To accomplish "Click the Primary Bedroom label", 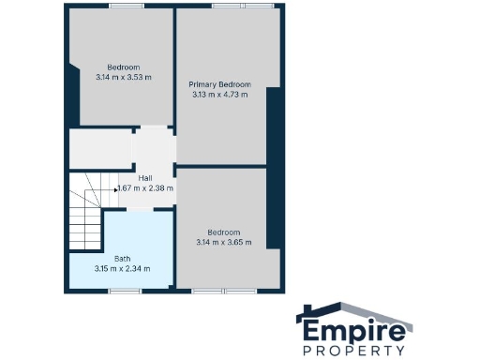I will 222,84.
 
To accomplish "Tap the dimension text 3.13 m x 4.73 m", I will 222,94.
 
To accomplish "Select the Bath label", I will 123,259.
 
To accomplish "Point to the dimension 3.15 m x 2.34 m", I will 123,269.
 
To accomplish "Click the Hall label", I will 145,178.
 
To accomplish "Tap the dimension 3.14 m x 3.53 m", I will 123,77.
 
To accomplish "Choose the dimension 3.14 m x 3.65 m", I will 224,242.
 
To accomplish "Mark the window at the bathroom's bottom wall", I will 123,290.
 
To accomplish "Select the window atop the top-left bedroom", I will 120,7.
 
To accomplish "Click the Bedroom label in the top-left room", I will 123,67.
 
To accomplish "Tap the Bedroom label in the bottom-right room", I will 224,232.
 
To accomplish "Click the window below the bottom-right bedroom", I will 224,290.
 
